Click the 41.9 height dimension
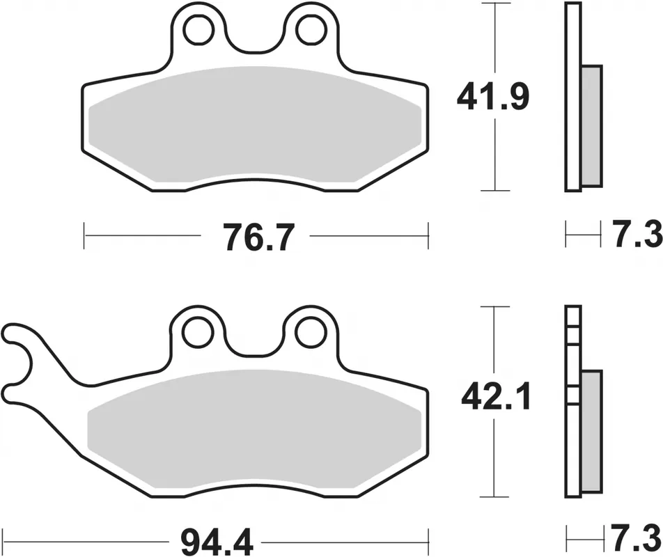(493, 97)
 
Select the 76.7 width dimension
(258, 237)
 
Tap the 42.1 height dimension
(496, 398)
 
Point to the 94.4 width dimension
(217, 542)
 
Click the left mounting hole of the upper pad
(198, 29)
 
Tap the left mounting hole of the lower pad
(197, 333)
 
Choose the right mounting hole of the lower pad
(311, 333)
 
